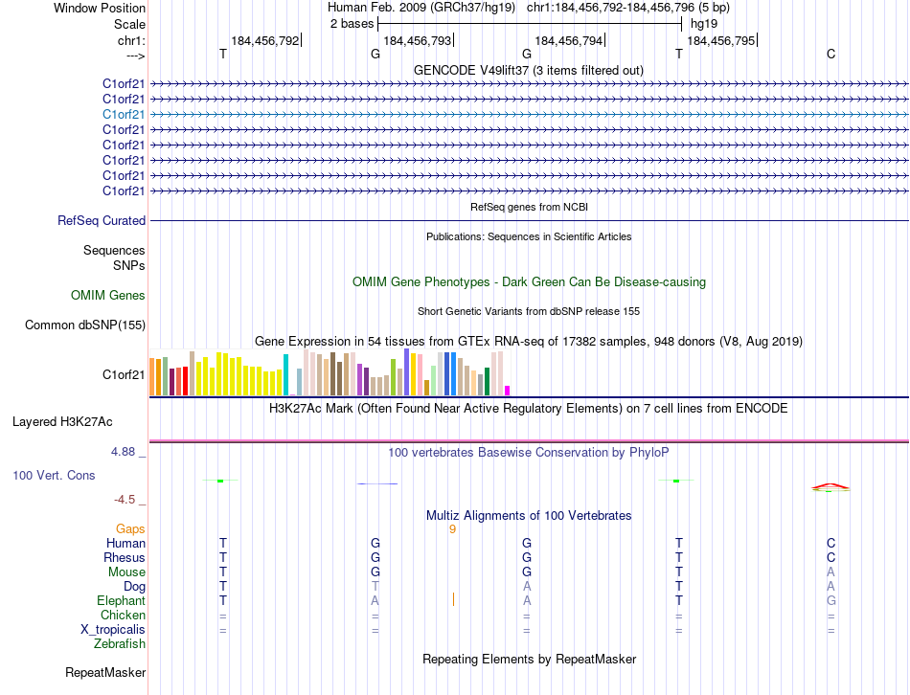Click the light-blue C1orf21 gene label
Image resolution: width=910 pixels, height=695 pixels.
point(124,114)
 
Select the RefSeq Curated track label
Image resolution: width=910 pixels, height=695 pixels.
point(102,221)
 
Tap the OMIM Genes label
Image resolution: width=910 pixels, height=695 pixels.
point(108,296)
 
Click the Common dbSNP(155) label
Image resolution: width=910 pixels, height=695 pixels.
point(84,325)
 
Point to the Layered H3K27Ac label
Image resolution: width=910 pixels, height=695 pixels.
point(62,421)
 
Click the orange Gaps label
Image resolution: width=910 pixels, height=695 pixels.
point(130,528)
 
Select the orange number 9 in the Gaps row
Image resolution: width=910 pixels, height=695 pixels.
point(452,528)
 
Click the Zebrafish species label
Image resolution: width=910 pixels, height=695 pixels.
point(120,644)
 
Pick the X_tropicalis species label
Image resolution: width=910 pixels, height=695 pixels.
point(113,630)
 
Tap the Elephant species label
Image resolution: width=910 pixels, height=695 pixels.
point(121,600)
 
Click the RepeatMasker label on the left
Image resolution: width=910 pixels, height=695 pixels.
point(105,673)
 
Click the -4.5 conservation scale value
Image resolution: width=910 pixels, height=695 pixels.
point(126,500)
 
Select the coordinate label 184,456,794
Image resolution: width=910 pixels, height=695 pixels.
point(569,41)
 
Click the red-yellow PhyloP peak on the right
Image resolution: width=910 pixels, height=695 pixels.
point(830,486)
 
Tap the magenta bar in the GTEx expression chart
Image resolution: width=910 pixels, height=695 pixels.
point(507,390)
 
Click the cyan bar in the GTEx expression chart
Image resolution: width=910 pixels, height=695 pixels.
point(285,374)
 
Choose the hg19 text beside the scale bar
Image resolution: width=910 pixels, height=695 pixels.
point(704,23)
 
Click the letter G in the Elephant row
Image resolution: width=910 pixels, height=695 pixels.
point(830,600)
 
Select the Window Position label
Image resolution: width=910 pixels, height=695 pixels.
point(100,8)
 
